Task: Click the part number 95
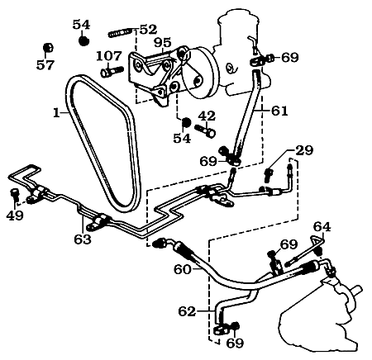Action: coord(162,43)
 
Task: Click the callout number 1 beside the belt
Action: coord(56,113)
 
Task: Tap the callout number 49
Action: coord(14,217)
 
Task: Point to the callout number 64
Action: coord(322,226)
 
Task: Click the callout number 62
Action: coord(188,311)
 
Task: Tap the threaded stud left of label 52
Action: coord(121,34)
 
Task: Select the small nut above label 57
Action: coord(48,45)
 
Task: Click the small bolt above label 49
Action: coord(15,194)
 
